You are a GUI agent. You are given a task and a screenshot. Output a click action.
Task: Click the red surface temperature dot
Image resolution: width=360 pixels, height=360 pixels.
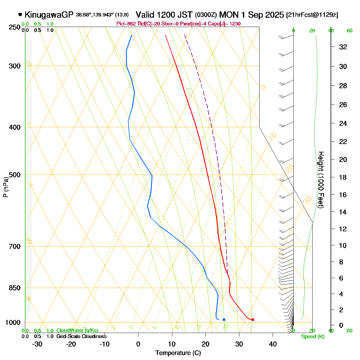pyautogui.click(x=253, y=319)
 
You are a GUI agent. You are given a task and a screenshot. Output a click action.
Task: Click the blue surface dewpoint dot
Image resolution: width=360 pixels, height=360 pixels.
pyautogui.click(x=224, y=319)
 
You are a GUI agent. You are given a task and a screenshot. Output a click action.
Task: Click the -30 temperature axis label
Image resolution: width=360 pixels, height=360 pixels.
pyautogui.click(x=37, y=344)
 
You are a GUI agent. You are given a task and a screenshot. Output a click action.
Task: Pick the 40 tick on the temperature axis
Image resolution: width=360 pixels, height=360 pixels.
pyautogui.click(x=273, y=344)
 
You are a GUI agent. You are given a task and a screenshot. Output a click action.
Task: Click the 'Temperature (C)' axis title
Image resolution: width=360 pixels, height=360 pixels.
pyautogui.click(x=178, y=353)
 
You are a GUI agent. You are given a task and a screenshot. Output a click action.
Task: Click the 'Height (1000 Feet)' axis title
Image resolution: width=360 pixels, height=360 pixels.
pyautogui.click(x=321, y=180)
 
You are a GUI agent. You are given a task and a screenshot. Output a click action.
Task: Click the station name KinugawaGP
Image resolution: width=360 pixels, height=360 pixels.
pyautogui.click(x=49, y=15)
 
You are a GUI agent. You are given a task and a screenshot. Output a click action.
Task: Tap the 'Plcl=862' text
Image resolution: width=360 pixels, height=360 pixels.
pyautogui.click(x=126, y=24)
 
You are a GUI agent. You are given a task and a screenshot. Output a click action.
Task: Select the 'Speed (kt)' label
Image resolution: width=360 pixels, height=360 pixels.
pyautogui.click(x=313, y=337)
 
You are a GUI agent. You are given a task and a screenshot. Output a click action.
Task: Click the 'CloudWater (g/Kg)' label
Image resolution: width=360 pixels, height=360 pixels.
pyautogui.click(x=77, y=331)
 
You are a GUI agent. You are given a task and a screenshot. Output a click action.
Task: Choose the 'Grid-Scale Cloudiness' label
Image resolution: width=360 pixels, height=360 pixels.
pyautogui.click(x=82, y=337)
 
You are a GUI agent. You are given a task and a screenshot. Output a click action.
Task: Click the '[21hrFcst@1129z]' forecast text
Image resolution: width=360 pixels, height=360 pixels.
pyautogui.click(x=312, y=15)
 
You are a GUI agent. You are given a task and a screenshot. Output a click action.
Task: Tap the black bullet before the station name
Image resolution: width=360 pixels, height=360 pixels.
pyautogui.click(x=20, y=14)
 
